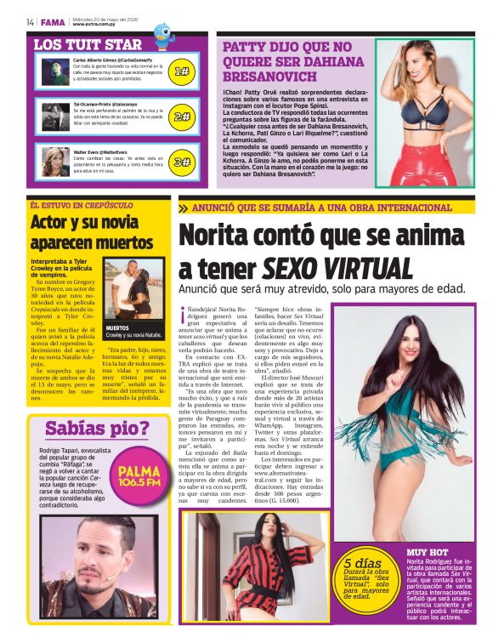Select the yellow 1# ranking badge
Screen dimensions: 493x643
click(182, 72)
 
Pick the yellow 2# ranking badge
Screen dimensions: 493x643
click(182, 117)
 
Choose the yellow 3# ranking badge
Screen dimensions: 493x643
click(182, 161)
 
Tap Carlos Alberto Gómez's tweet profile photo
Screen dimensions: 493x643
click(55, 69)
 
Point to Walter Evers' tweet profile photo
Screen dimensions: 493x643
click(55, 160)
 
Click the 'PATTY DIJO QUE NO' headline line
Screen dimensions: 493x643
click(286, 48)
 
